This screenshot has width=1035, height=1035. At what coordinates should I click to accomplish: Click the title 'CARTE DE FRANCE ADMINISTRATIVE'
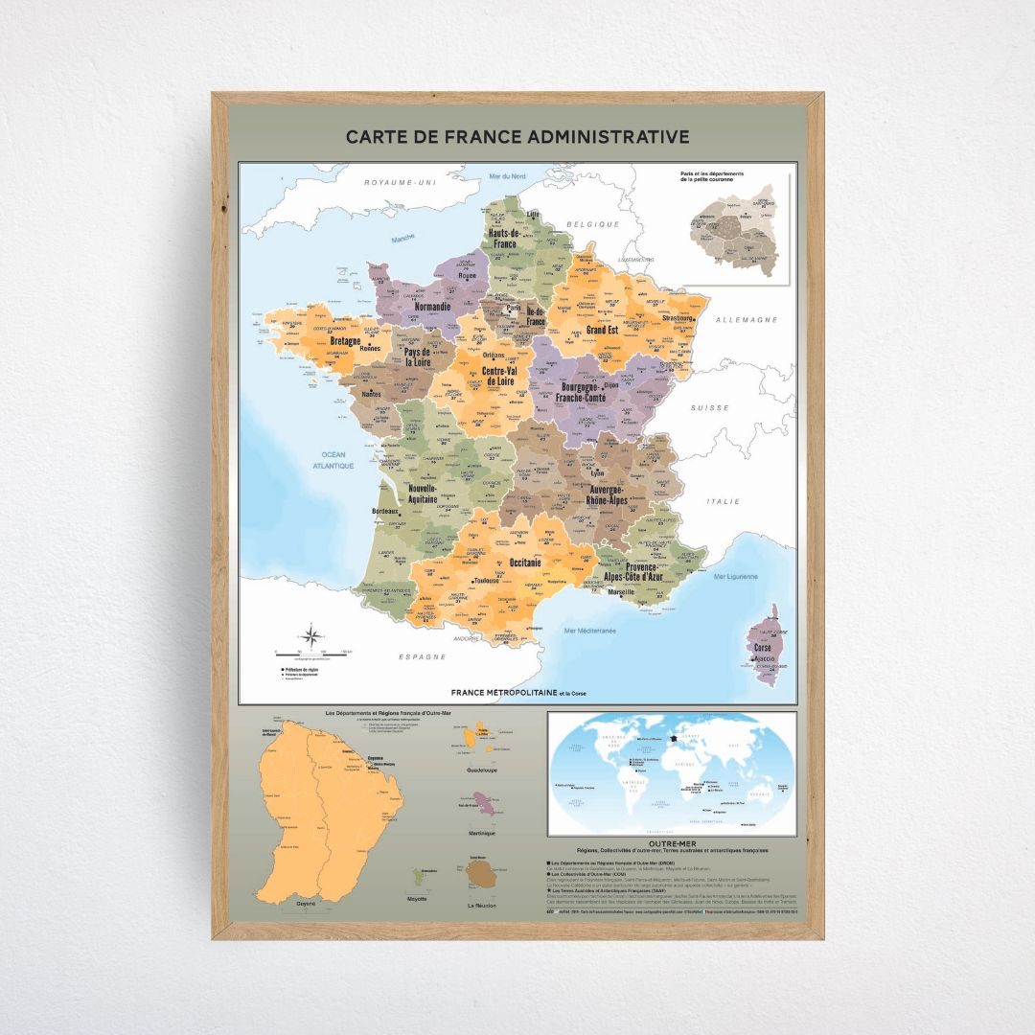517,137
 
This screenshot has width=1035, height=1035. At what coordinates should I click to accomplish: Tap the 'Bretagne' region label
346,341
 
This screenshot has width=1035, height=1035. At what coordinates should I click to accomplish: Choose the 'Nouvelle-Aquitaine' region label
423,494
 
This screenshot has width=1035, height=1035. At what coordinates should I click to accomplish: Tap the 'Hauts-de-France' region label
504,239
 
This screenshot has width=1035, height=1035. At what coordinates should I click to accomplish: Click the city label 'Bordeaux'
383,513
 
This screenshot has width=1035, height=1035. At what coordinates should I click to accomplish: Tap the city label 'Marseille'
620,592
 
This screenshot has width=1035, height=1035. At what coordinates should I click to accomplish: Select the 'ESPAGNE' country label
423,657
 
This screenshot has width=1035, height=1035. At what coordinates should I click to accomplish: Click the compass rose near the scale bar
312,635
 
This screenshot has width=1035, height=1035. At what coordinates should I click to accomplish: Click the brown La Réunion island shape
480,873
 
